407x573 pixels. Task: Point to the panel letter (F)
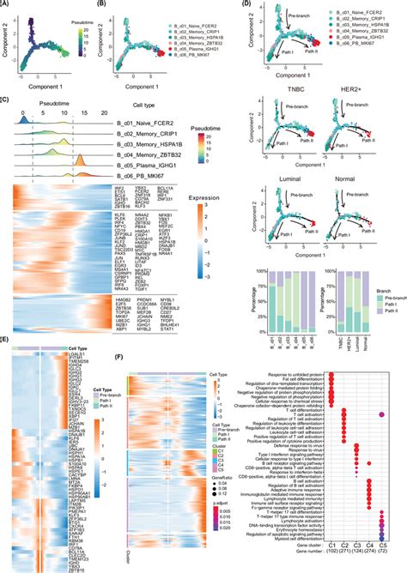[118, 357]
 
